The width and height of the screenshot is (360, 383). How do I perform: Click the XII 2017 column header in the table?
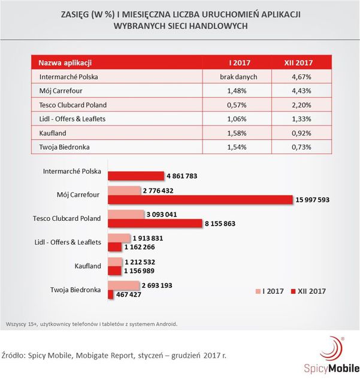coord(298,63)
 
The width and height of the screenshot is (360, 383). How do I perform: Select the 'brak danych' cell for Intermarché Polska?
coord(238,77)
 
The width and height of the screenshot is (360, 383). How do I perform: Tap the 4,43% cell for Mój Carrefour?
coord(301,91)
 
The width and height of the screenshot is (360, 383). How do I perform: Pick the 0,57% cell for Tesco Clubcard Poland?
coord(237,105)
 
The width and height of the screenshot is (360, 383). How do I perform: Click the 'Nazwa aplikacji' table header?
coord(65,63)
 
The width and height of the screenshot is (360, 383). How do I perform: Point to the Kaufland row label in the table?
coord(53,133)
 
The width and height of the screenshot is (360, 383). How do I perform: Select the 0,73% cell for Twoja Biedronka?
coord(301,147)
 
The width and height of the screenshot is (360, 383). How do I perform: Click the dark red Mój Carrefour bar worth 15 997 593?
coord(200,199)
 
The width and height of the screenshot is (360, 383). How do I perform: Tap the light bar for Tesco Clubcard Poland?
coord(126,214)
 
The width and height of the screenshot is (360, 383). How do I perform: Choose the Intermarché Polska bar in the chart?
coord(136,176)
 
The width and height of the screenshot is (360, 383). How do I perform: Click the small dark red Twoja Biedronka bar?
coord(111,294)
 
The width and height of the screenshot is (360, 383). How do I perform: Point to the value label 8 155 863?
coord(220,223)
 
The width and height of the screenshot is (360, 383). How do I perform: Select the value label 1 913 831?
coord(148,238)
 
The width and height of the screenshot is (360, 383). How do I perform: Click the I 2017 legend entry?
coord(270,291)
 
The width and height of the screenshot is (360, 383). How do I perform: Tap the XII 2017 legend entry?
coord(308,291)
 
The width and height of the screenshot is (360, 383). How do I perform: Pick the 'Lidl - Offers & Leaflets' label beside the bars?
coord(68,242)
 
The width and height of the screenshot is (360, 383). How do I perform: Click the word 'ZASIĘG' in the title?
coord(75,14)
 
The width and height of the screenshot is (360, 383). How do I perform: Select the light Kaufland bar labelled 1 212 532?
coord(115,262)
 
